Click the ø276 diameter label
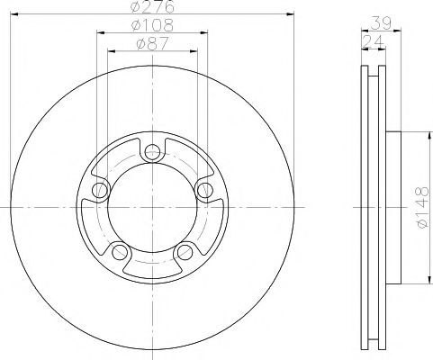point(152,6)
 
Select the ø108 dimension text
point(152,25)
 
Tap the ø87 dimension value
point(152,44)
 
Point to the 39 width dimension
point(381,23)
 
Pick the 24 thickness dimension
point(373,42)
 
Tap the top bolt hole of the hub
point(152,152)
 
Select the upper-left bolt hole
point(100,190)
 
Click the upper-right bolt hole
point(205,190)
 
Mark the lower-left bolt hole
point(120,252)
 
